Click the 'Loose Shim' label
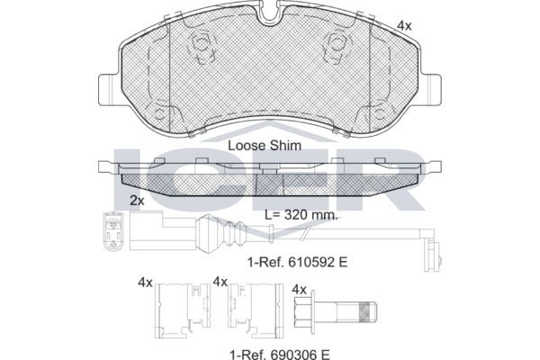[x=265, y=146]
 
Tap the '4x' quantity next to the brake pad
[x=404, y=25]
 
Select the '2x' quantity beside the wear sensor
[x=137, y=200]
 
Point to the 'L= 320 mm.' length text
[x=301, y=215]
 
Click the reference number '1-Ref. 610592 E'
[x=298, y=262]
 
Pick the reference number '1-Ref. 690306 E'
[x=280, y=354]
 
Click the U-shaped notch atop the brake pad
[x=270, y=13]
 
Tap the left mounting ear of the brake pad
[x=110, y=90]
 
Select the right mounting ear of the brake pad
[x=430, y=90]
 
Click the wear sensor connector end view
[x=112, y=231]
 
